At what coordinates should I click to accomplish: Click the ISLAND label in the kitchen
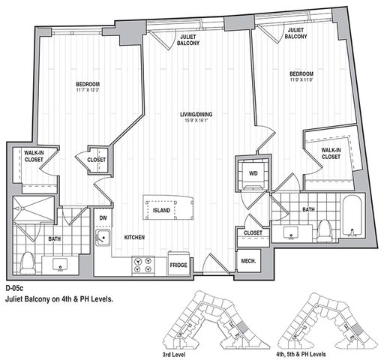pyautogui.click(x=161, y=210)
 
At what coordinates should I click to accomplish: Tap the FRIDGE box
pyautogui.click(x=178, y=264)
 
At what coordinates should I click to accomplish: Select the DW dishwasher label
pyautogui.click(x=103, y=218)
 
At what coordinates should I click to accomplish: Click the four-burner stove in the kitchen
pyautogui.click(x=143, y=265)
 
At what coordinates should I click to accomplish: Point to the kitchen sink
pyautogui.click(x=103, y=237)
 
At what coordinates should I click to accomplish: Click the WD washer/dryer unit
pyautogui.click(x=253, y=174)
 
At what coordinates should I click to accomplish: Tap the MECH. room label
pyautogui.click(x=248, y=261)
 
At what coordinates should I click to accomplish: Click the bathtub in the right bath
pyautogui.click(x=352, y=216)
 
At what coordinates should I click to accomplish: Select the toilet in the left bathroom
pyautogui.click(x=27, y=263)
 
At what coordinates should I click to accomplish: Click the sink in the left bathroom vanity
pyautogui.click(x=60, y=265)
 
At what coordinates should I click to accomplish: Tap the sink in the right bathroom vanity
pyautogui.click(x=291, y=232)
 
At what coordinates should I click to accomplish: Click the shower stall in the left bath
pyautogui.click(x=34, y=208)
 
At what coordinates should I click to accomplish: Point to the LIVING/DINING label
pyautogui.click(x=196, y=115)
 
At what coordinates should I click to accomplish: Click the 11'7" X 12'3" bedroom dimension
pyautogui.click(x=88, y=90)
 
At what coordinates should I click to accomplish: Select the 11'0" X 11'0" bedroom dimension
pyautogui.click(x=301, y=80)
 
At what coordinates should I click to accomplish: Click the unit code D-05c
pyautogui.click(x=14, y=288)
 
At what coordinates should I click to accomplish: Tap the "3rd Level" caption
pyautogui.click(x=174, y=355)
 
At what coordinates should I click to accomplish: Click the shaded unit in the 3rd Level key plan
pyautogui.click(x=241, y=327)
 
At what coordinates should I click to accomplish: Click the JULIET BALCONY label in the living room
pyautogui.click(x=188, y=40)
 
